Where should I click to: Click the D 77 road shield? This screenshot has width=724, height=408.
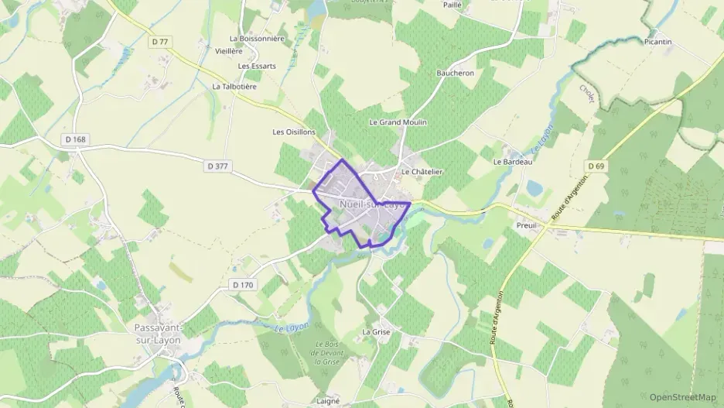(x=160, y=41)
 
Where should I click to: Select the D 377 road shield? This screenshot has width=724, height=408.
(x=218, y=166)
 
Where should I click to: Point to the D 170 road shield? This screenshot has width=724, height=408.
(x=243, y=285)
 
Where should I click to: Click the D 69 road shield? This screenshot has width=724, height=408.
(x=595, y=166)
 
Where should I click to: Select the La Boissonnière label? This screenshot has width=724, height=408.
(x=258, y=38)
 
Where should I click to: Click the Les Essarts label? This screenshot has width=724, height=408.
(x=258, y=67)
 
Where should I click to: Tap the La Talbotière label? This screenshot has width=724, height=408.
(x=234, y=87)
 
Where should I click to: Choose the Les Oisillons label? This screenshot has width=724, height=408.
(x=293, y=132)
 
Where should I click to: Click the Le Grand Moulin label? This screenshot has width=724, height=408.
(x=398, y=122)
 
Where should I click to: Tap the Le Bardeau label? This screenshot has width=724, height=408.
(x=513, y=163)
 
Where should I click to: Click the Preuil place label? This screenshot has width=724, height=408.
(x=527, y=225)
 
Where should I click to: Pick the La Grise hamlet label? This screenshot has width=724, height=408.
(x=376, y=332)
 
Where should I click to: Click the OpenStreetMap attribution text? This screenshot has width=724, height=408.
(x=682, y=397)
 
